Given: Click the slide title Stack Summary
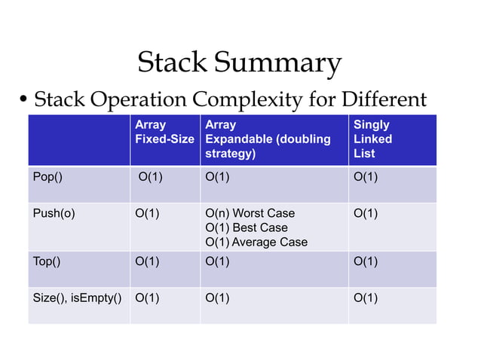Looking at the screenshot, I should (239, 63).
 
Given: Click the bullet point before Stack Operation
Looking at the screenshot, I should (23, 100).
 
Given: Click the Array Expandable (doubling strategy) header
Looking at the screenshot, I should (268, 139).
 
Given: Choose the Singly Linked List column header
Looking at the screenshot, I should (372, 139).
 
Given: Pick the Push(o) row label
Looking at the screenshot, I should (54, 213).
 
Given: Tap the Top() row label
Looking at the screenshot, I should (47, 261).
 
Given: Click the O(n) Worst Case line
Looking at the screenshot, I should (250, 213).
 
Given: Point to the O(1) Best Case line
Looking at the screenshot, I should (247, 227).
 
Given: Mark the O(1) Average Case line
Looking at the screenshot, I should (256, 242).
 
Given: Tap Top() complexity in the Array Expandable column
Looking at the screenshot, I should (218, 261).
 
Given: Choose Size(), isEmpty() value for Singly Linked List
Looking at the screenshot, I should (366, 297).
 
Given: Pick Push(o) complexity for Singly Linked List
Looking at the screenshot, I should (366, 213).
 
